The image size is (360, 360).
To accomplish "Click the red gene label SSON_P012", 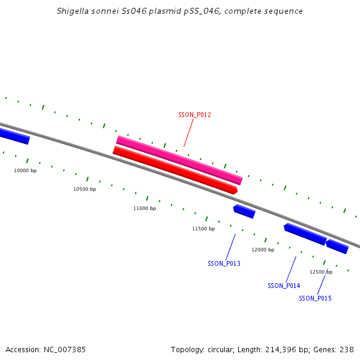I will [x=194, y=115].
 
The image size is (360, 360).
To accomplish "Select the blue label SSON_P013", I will [x=224, y=263].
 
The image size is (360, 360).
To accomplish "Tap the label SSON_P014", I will [x=284, y=286].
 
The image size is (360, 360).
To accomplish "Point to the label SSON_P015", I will [x=315, y=298].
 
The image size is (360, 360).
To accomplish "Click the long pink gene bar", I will [x=179, y=160].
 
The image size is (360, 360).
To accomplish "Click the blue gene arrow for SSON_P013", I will [x=244, y=211].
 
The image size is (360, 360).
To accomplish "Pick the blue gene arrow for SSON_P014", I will [x=305, y=234].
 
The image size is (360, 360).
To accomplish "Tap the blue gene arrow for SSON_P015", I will [x=337, y=246].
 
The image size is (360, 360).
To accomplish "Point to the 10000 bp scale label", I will [x=25, y=170].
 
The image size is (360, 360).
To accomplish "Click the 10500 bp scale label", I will [x=85, y=189].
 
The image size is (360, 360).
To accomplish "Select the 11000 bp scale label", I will [x=145, y=208].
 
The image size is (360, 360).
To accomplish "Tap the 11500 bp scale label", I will [x=203, y=229].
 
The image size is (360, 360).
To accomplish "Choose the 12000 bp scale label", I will [x=263, y=250].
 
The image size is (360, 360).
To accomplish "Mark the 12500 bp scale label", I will [x=321, y=272].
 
